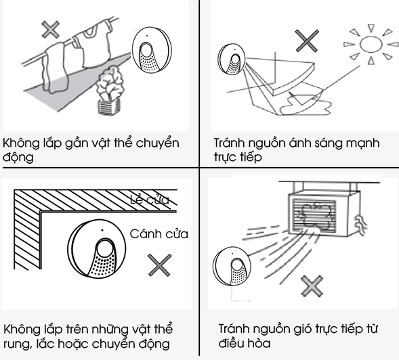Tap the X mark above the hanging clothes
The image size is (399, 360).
pos(49,29)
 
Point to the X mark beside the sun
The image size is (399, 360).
pos(308,43)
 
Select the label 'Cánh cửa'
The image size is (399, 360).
pos(159,234)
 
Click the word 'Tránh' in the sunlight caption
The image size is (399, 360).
pos(230,144)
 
